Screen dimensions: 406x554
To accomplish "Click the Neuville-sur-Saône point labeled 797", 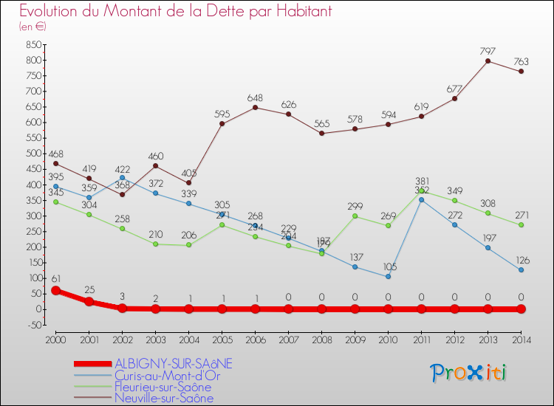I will tap(488, 61).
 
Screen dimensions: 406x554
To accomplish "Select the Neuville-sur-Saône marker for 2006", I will tap(255, 107).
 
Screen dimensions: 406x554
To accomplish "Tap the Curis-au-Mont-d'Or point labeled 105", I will tap(388, 277).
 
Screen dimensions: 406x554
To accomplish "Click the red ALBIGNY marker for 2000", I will tap(55, 290).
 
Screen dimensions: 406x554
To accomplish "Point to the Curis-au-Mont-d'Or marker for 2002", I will tap(122, 178).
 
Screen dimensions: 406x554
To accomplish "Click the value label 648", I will tap(255, 97).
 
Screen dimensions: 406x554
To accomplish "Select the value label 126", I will tap(521, 260).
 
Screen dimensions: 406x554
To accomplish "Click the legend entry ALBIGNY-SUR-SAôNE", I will tap(174, 363).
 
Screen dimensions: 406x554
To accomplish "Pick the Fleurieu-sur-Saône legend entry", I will tap(163, 387).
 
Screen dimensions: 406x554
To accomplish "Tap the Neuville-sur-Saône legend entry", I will tap(163, 399).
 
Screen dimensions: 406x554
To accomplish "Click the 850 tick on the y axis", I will tap(32, 44).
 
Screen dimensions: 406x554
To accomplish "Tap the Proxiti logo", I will tap(469, 373).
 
